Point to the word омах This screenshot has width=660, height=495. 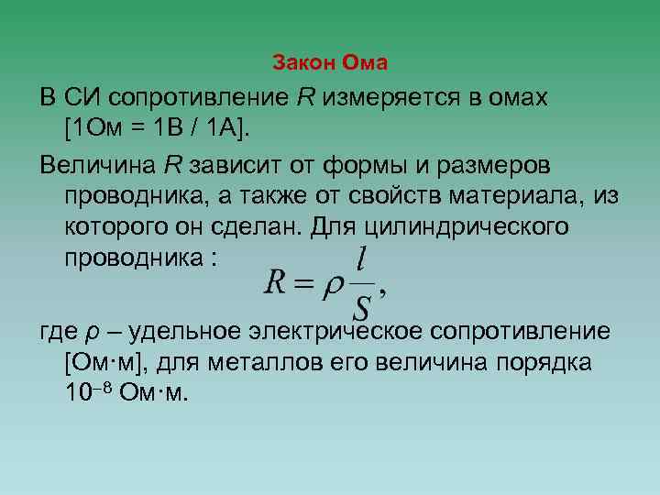pos(512,97)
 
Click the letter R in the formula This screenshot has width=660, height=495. pos(276,281)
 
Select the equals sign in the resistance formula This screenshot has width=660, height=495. pos(304,283)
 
